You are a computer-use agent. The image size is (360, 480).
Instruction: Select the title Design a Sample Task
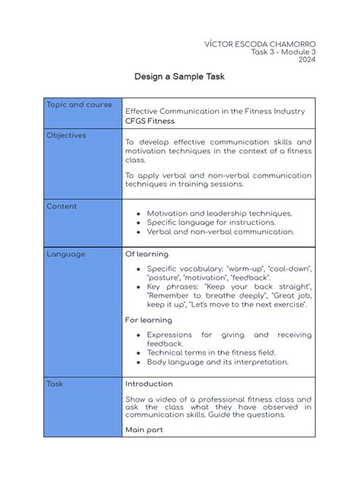[x=179, y=77]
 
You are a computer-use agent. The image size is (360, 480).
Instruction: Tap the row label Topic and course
[x=79, y=105]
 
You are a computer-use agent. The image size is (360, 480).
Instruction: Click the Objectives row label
[x=66, y=135]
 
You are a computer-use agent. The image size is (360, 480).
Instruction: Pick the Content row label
[x=62, y=206]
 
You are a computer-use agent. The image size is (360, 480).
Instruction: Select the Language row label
[x=65, y=254]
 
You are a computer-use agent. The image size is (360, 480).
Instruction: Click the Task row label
[x=55, y=384]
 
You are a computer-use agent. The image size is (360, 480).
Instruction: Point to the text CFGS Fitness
[x=150, y=121]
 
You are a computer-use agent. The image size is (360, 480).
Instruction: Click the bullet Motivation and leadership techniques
[x=219, y=213]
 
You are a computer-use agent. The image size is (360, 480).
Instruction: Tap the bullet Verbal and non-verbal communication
[x=220, y=232]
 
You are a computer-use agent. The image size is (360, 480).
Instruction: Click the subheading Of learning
[x=147, y=254]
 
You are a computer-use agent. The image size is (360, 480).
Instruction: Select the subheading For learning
[x=148, y=320]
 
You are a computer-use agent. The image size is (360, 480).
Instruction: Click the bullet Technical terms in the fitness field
[x=211, y=352]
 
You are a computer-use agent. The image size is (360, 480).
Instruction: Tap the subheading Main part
[x=144, y=429]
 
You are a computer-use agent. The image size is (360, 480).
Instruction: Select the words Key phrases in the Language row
[x=169, y=287]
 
